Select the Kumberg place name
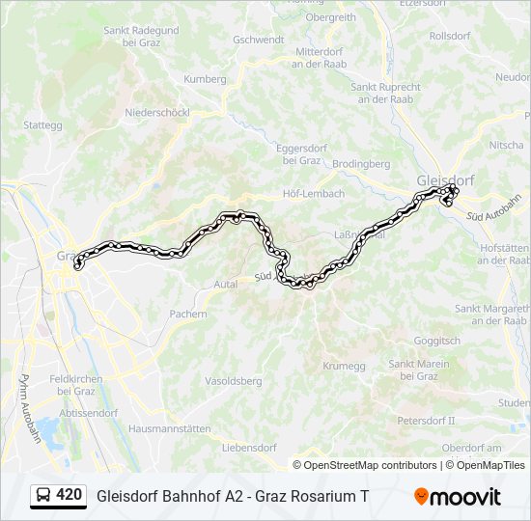204,78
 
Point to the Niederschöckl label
156,113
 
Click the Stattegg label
42,124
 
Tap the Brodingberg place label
361,164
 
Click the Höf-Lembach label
313,193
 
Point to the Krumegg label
345,366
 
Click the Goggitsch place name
436,342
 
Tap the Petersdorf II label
426,421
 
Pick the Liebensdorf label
249,448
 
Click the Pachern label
188,314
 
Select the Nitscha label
507,145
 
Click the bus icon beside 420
43,495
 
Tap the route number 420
70,495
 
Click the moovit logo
458,496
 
